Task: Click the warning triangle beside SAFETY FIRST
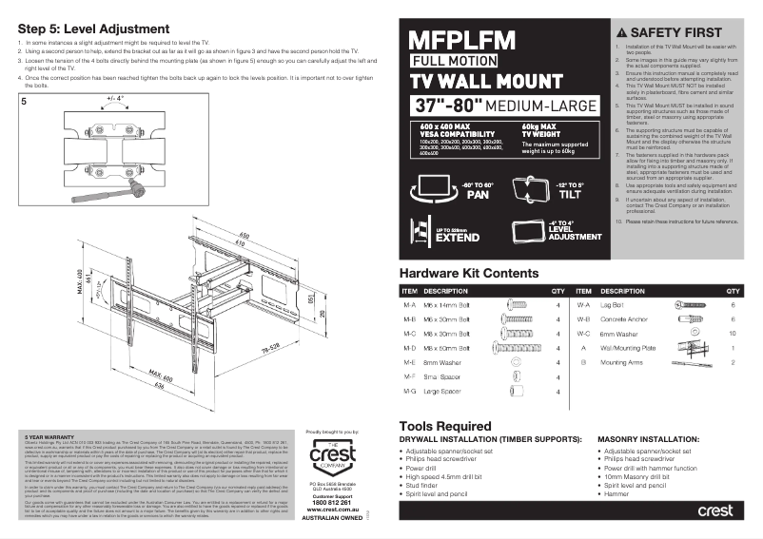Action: [622, 31]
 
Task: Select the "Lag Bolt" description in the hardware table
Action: [613, 305]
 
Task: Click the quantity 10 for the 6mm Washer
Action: [732, 334]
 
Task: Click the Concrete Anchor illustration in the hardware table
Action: [689, 319]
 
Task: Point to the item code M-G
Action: [410, 391]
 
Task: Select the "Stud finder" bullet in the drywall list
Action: [428, 486]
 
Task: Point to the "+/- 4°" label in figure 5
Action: [115, 98]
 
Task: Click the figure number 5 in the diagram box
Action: [25, 99]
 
